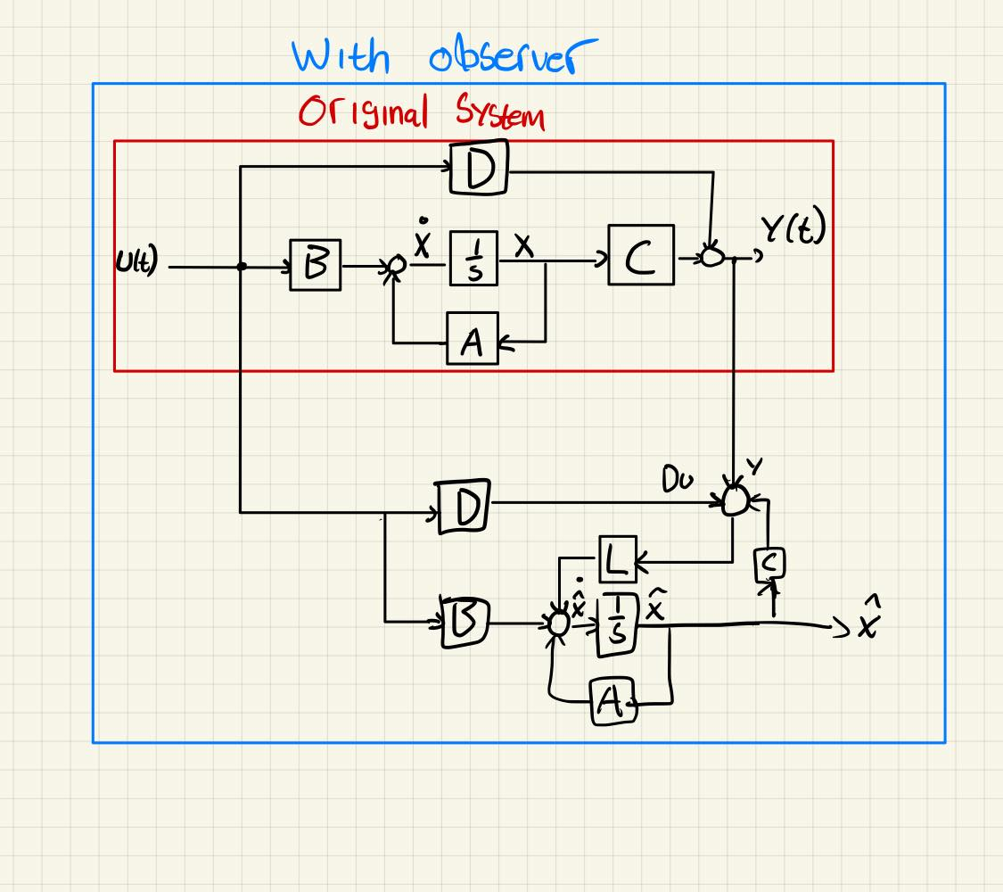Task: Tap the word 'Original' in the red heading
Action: (364, 113)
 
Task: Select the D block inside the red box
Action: (479, 168)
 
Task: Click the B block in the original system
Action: (315, 265)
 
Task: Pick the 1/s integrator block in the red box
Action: (473, 259)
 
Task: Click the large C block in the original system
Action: (641, 255)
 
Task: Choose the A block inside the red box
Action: (473, 340)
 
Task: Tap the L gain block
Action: (616, 559)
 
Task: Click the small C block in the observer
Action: (769, 564)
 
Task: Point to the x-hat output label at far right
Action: (867, 623)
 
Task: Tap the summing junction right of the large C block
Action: (711, 257)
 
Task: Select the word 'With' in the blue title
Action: (341, 57)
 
